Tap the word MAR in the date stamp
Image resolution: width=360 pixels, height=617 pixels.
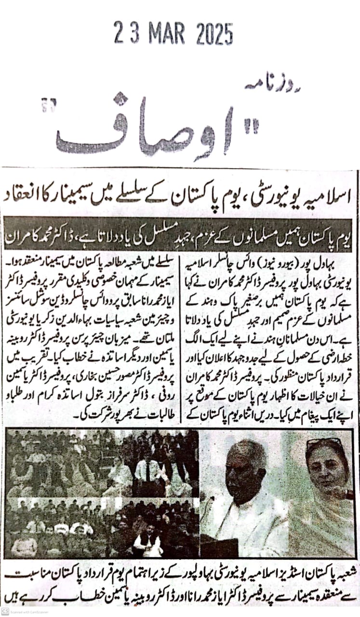coord(166,34)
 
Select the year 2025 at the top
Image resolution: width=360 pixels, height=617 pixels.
coord(214,34)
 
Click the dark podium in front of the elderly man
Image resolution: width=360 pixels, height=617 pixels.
coord(219,547)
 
